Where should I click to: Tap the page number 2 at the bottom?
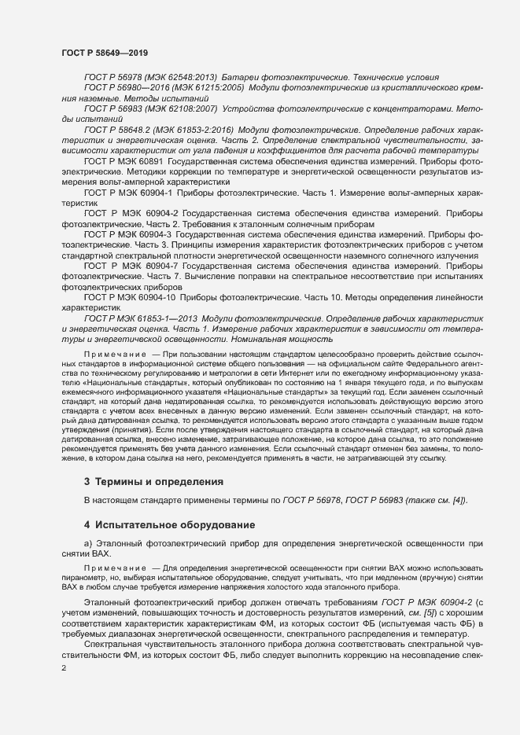[64, 666]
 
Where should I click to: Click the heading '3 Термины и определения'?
[142, 481]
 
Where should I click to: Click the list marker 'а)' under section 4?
[88, 544]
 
